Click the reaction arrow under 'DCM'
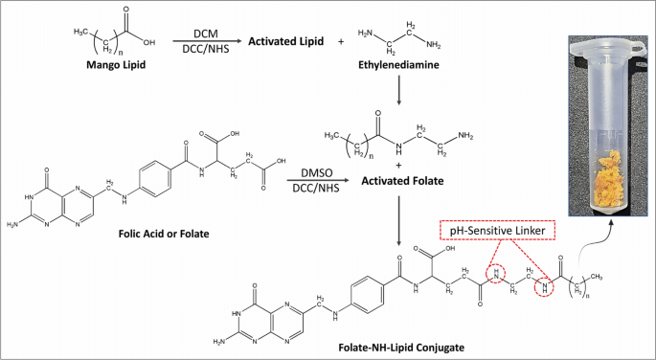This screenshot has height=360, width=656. click(201, 42)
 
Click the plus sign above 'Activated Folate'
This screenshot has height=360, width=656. click(396, 164)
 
